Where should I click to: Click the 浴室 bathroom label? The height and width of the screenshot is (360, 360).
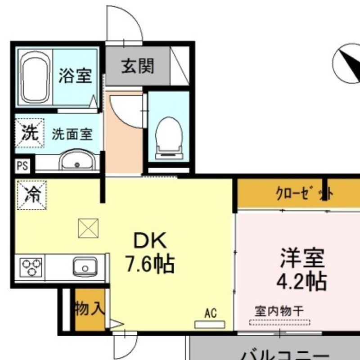click(x=75, y=75)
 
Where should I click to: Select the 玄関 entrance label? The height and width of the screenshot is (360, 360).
click(x=137, y=66)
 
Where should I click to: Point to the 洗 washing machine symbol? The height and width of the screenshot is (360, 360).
click(x=30, y=133)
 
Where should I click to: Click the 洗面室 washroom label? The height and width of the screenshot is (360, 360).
click(x=72, y=134)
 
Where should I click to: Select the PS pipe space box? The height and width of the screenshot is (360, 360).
click(x=22, y=166)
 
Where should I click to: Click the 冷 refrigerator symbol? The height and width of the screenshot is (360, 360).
click(x=31, y=194)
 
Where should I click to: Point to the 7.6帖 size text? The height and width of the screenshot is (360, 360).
click(x=149, y=265)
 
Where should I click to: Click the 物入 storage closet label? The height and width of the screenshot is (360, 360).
click(x=90, y=309)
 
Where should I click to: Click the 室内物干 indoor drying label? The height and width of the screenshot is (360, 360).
click(x=279, y=310)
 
